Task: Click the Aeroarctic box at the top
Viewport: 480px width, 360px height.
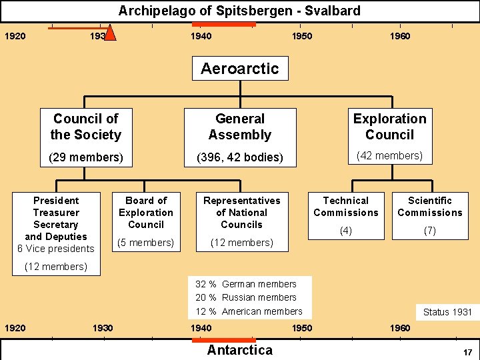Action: click(x=240, y=68)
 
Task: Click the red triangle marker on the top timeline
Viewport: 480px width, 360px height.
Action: click(x=111, y=33)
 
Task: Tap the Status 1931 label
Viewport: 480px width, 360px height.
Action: click(x=447, y=312)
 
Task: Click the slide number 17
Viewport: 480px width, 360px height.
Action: click(x=467, y=351)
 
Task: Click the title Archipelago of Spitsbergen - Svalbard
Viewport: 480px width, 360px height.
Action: click(x=239, y=11)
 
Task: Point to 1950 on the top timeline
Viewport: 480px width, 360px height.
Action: click(x=302, y=36)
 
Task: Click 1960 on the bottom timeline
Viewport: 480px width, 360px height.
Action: click(x=400, y=328)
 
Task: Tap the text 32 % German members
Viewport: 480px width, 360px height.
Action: click(x=246, y=284)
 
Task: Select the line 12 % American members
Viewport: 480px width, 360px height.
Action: click(x=249, y=311)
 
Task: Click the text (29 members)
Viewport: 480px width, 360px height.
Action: click(x=86, y=158)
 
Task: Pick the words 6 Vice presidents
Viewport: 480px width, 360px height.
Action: click(x=56, y=249)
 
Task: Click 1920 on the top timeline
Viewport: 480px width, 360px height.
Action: click(x=15, y=36)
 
